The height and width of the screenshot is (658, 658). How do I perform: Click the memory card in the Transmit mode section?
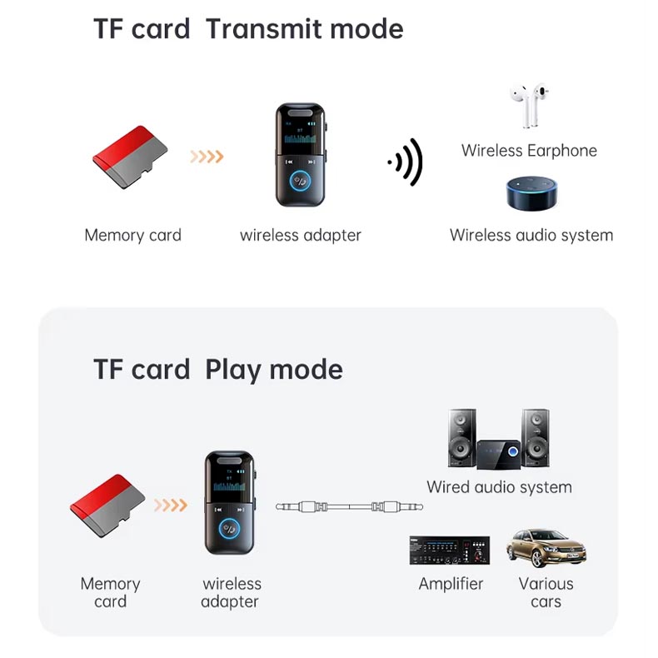[130, 157]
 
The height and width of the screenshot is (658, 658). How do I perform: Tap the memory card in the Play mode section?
[107, 506]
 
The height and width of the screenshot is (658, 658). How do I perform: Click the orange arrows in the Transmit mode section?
[207, 157]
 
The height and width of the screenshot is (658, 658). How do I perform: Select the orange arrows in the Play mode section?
[171, 505]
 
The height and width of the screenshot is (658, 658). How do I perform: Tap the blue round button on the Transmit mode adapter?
[301, 182]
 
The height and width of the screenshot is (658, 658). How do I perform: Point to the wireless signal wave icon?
[405, 162]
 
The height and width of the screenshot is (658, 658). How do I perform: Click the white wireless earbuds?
[530, 105]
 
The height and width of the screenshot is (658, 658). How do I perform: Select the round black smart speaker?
[531, 192]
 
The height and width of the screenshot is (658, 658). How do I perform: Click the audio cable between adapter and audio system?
[349, 506]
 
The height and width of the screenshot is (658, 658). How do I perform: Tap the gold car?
[546, 547]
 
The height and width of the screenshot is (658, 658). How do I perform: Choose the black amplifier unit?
[450, 551]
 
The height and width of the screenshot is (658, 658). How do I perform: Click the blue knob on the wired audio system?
[512, 451]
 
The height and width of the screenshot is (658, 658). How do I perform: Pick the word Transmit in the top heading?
[267, 29]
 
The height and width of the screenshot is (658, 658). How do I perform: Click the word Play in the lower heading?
[233, 370]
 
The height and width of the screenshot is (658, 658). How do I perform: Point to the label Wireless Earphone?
[529, 150]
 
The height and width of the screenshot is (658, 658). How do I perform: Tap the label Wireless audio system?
[531, 235]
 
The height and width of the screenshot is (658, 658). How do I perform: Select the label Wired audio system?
[500, 487]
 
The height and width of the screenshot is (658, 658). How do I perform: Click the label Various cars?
[546, 592]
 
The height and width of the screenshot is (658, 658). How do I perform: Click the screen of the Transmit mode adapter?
[301, 131]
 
